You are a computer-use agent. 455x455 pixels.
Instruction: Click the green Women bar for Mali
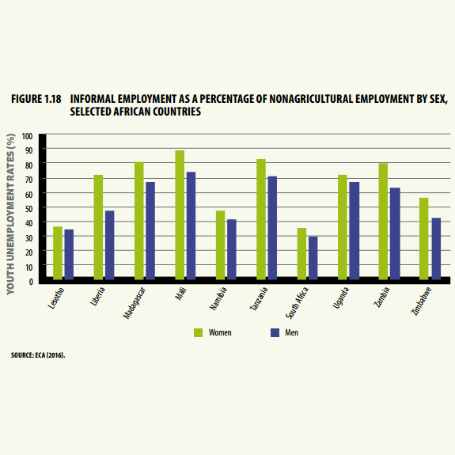pyautogui.click(x=180, y=214)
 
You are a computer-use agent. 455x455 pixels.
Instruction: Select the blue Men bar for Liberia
pyautogui.click(x=110, y=245)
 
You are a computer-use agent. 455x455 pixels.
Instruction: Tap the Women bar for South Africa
pyautogui.click(x=301, y=254)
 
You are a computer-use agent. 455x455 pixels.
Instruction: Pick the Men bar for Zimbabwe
pyautogui.click(x=436, y=248)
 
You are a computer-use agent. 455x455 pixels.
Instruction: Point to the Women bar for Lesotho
pyautogui.click(x=58, y=253)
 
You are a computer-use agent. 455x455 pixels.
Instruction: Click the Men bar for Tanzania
pyautogui.click(x=272, y=228)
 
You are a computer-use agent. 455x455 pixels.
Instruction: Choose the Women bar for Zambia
pyautogui.click(x=383, y=222)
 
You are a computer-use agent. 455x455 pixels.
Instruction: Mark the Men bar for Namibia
pyautogui.click(x=232, y=249)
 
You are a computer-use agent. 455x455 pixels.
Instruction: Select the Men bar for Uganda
pyautogui.click(x=355, y=231)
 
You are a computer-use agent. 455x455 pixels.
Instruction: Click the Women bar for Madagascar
pyautogui.click(x=139, y=221)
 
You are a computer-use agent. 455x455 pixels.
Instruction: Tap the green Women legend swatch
pyautogui.click(x=198, y=332)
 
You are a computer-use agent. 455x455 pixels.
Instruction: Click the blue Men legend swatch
pyautogui.click(x=275, y=332)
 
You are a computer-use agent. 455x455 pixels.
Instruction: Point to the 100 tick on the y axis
pyautogui.click(x=27, y=136)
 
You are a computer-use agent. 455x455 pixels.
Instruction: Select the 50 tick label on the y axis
pyautogui.click(x=29, y=209)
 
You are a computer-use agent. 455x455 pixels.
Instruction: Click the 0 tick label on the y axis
pyautogui.click(x=31, y=282)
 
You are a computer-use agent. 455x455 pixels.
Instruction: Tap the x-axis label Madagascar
pyautogui.click(x=134, y=303)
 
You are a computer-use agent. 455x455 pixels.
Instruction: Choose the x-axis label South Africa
pyautogui.click(x=297, y=303)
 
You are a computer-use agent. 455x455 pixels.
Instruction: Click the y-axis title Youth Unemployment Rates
pyautogui.click(x=10, y=214)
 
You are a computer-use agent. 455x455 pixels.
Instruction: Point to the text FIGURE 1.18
pyautogui.click(x=36, y=99)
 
